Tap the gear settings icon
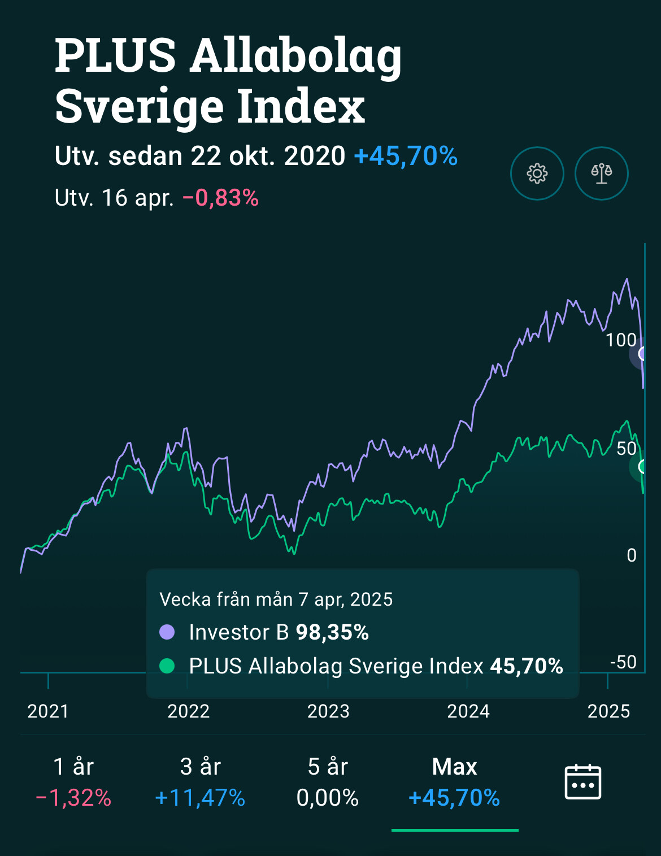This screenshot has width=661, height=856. (x=537, y=173)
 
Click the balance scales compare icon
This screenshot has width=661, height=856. (x=601, y=173)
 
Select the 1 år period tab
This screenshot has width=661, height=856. (x=73, y=783)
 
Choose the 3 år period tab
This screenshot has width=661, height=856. (x=200, y=783)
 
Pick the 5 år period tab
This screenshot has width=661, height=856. (x=328, y=783)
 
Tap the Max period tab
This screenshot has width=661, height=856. (x=454, y=783)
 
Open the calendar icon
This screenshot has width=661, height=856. (x=583, y=782)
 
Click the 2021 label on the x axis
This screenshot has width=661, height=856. (x=48, y=711)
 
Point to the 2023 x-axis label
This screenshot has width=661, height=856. (x=328, y=711)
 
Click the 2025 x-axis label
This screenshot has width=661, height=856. (x=608, y=711)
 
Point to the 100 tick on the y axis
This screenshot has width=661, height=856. (x=621, y=340)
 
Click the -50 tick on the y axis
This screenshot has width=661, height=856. (x=623, y=662)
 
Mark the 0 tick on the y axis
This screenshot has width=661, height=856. (x=632, y=555)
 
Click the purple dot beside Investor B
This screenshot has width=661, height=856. (x=167, y=632)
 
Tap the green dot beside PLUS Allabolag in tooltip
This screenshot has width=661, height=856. (x=167, y=666)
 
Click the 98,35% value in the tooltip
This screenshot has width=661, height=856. (x=332, y=632)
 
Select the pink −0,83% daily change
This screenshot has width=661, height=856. (x=220, y=198)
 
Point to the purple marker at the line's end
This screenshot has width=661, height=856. (x=643, y=354)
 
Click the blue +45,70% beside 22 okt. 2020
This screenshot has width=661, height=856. (x=406, y=156)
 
